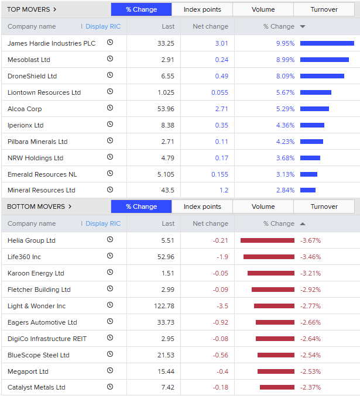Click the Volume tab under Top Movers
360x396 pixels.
tap(263, 9)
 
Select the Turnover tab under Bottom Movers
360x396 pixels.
tap(324, 206)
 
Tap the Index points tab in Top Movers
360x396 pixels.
tap(202, 9)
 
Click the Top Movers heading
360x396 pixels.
tap(32, 9)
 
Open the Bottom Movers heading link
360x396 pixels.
tap(39, 206)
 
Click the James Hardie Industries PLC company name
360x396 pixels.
tap(52, 43)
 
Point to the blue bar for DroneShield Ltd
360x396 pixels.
tap(322, 76)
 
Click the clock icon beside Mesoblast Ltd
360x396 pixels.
tap(110, 59)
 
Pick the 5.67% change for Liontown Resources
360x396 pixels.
tap(285, 92)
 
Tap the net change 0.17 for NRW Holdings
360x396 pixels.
tap(221, 158)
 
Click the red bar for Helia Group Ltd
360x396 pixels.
tap(268, 240)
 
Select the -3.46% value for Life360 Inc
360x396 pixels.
tap(310, 257)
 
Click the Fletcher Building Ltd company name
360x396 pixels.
tap(39, 290)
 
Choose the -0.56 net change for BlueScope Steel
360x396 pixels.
tap(220, 355)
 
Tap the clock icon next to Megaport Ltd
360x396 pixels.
tap(110, 371)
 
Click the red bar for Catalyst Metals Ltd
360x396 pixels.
tap(277, 387)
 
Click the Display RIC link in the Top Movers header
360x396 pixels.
tap(103, 26)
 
